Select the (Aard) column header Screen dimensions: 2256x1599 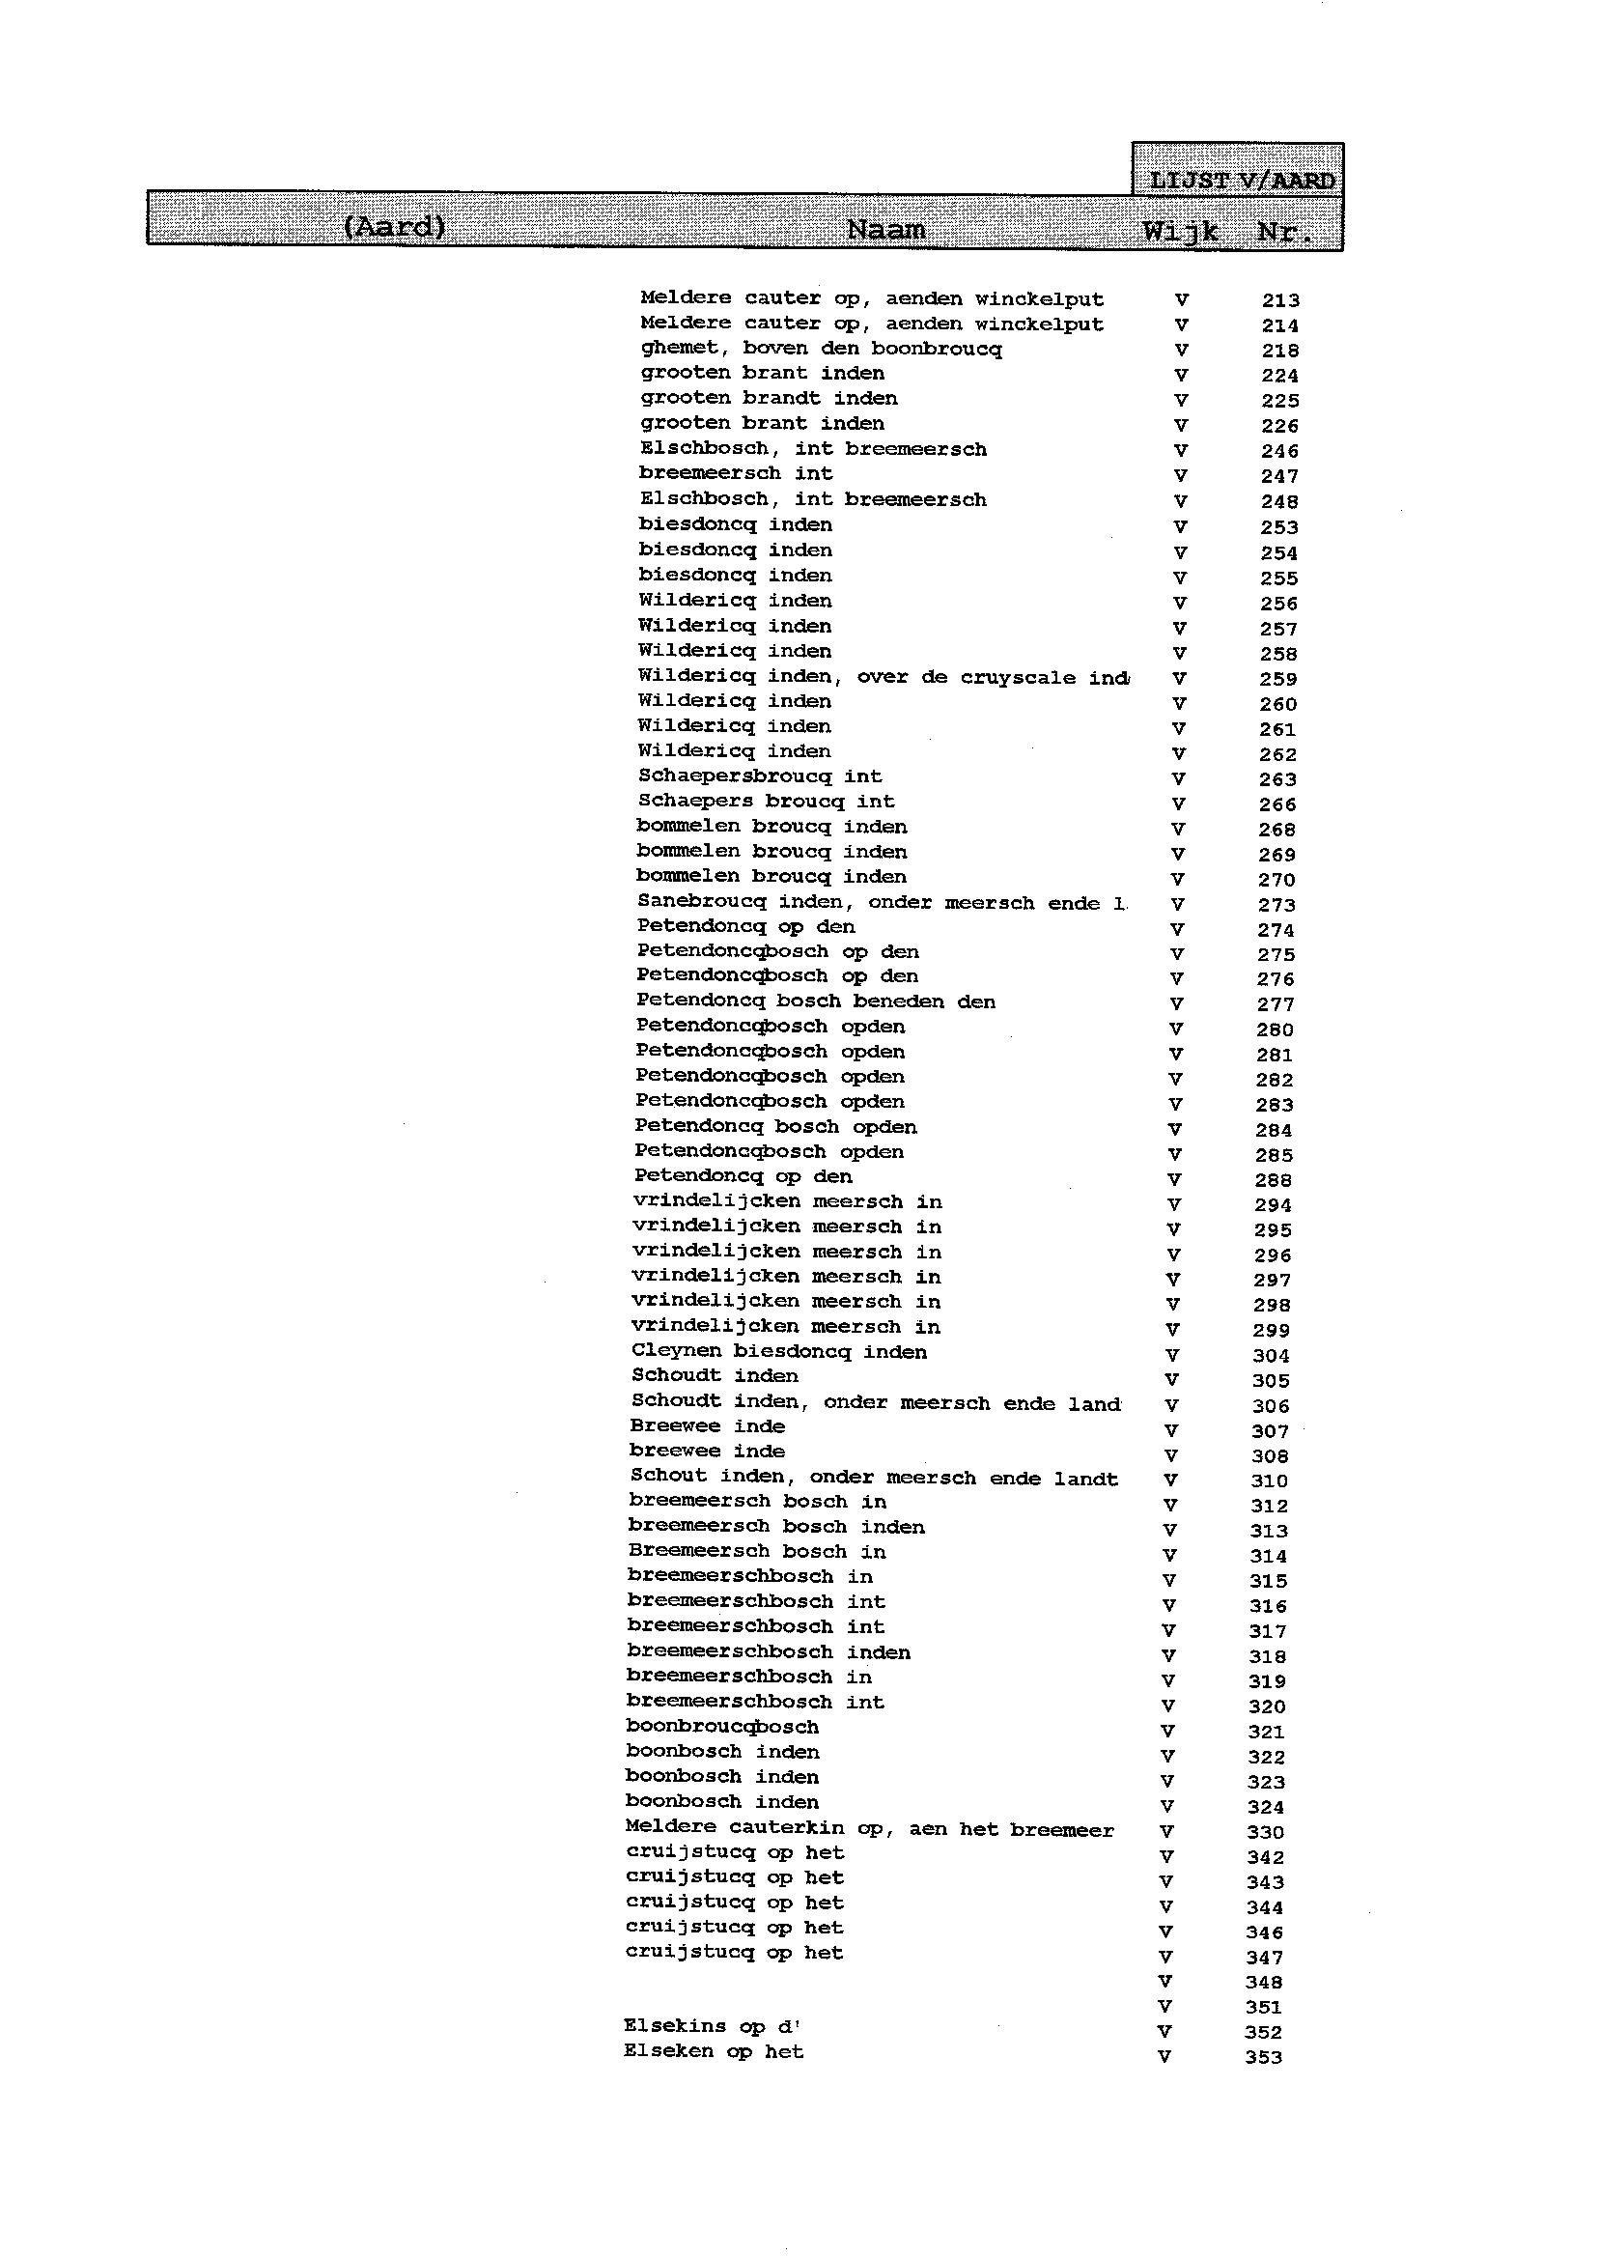(x=394, y=227)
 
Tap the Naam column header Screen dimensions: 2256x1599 (x=885, y=230)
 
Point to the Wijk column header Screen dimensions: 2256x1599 (x=1180, y=233)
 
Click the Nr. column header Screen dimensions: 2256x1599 (x=1285, y=234)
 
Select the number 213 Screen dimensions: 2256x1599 (x=1280, y=300)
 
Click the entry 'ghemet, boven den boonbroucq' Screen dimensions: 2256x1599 (x=821, y=349)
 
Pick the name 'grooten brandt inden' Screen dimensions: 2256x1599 (x=769, y=399)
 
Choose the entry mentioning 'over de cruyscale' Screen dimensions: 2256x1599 (x=884, y=678)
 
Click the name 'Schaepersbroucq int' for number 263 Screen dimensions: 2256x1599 (x=759, y=776)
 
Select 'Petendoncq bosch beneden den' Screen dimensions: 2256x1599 (x=815, y=1002)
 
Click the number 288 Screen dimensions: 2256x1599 (x=1273, y=1180)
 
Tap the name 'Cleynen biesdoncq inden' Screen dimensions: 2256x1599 (x=779, y=1352)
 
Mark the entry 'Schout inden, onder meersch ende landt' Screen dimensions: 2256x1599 (x=873, y=1478)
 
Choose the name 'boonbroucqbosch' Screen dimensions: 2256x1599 (x=721, y=1727)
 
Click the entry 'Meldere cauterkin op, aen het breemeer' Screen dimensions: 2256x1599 (x=869, y=1828)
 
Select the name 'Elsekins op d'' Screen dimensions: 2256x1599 (x=712, y=2026)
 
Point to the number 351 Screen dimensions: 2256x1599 (x=1263, y=2007)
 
